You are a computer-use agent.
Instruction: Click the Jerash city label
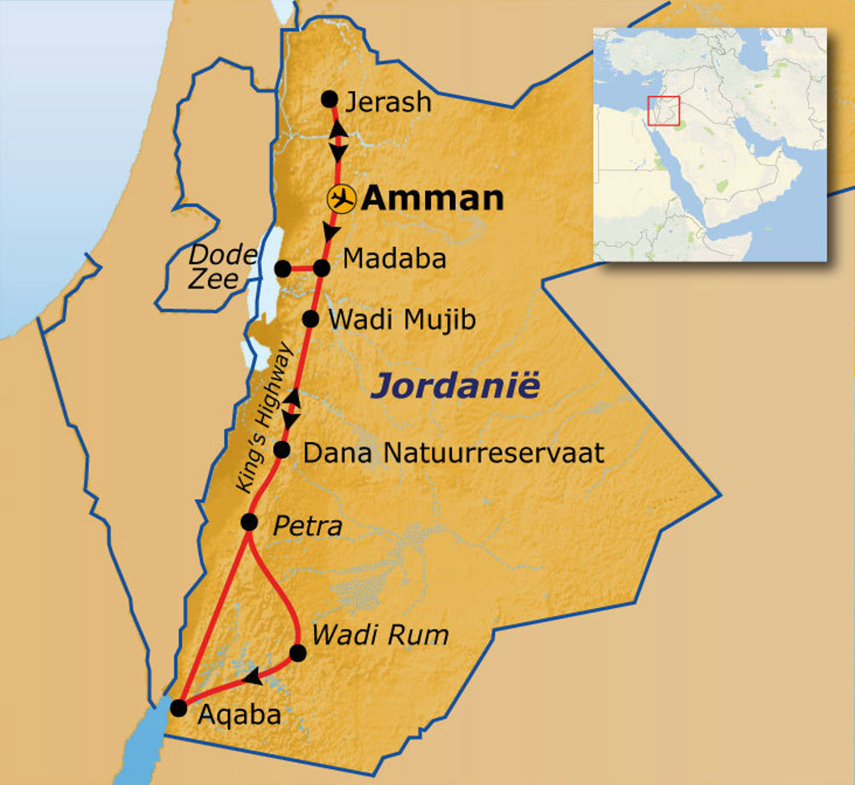tap(388, 102)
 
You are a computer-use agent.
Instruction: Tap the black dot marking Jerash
tap(329, 98)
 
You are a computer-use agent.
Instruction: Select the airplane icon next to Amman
tap(341, 199)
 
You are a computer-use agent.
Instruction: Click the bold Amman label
tap(433, 199)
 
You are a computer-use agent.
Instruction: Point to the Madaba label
tap(394, 259)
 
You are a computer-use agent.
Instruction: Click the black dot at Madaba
tap(322, 268)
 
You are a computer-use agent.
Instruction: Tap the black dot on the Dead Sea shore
tap(282, 268)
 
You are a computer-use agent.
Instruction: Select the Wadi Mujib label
tap(402, 320)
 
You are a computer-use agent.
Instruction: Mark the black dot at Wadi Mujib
tap(310, 318)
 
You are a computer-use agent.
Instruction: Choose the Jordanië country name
tap(456, 387)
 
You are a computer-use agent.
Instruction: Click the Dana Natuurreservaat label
tap(453, 453)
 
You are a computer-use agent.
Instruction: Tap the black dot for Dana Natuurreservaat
tap(282, 450)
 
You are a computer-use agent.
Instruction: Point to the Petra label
tap(307, 527)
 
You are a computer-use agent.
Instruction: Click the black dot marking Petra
tap(249, 522)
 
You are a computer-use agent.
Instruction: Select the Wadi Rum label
tap(380, 635)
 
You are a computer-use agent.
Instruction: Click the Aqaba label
tap(238, 715)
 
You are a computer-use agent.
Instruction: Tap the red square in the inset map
tap(664, 112)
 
